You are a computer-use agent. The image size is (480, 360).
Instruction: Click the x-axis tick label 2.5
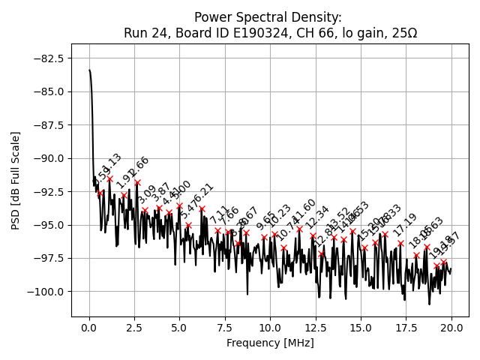click(134, 328)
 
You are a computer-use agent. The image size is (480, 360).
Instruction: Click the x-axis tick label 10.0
click(270, 328)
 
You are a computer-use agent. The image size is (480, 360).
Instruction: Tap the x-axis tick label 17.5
click(406, 328)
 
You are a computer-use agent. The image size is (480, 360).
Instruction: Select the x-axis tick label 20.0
click(451, 328)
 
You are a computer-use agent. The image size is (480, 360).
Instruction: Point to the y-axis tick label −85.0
click(48, 91)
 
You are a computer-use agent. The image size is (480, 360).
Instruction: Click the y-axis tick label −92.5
click(48, 191)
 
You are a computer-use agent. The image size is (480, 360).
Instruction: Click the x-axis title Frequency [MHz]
click(270, 343)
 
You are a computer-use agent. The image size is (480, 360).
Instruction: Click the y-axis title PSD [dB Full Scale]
click(15, 180)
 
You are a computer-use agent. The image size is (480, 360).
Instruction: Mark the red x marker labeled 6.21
click(202, 208)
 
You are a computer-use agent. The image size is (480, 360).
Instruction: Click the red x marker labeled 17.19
click(400, 243)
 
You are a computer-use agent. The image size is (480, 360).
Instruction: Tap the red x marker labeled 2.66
click(137, 182)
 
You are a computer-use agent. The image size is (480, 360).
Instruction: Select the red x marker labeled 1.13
click(109, 179)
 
